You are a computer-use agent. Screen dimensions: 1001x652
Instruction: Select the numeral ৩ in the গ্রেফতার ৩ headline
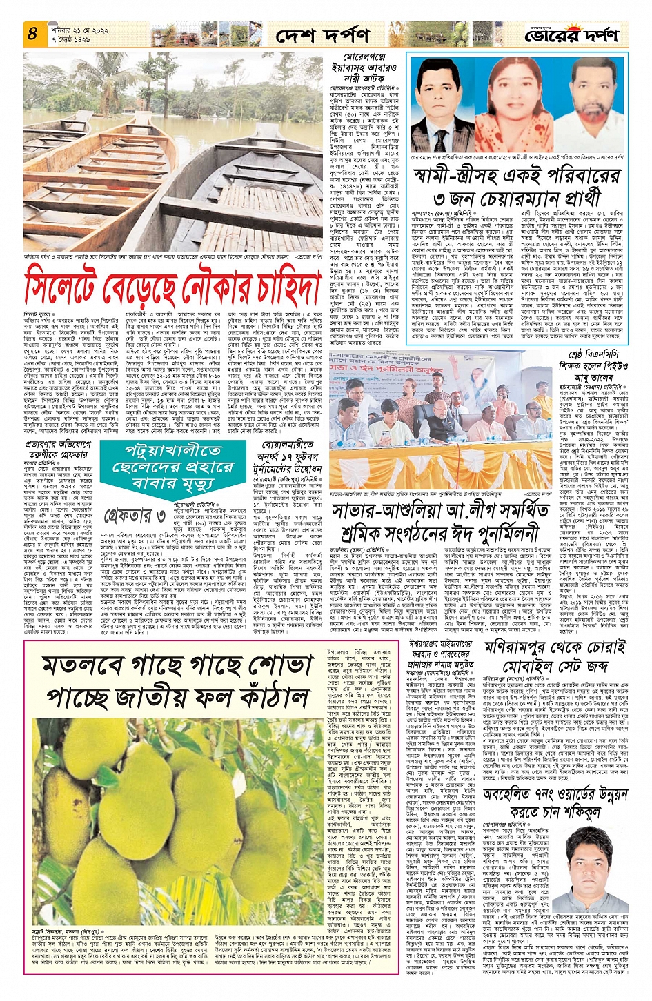[x=160, y=515]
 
